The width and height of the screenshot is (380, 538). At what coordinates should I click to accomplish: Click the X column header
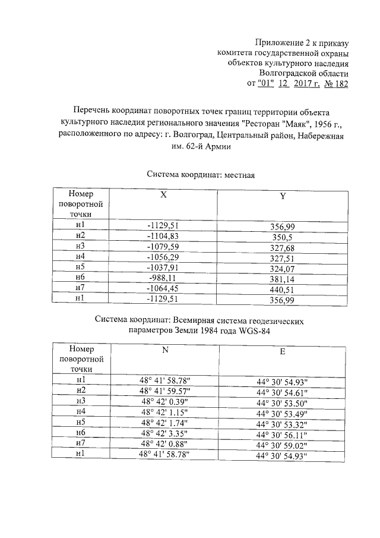[163, 195]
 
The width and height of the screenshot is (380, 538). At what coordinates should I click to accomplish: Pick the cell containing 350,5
[282, 237]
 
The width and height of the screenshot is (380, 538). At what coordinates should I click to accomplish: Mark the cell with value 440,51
[282, 290]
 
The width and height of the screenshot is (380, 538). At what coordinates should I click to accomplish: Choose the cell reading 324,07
[282, 269]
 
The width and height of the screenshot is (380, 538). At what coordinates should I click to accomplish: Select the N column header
[164, 350]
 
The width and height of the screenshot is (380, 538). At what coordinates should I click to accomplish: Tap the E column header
[283, 352]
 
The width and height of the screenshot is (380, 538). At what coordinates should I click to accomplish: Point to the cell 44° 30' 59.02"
[283, 445]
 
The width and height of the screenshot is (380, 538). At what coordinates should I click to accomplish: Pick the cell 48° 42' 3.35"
[164, 433]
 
